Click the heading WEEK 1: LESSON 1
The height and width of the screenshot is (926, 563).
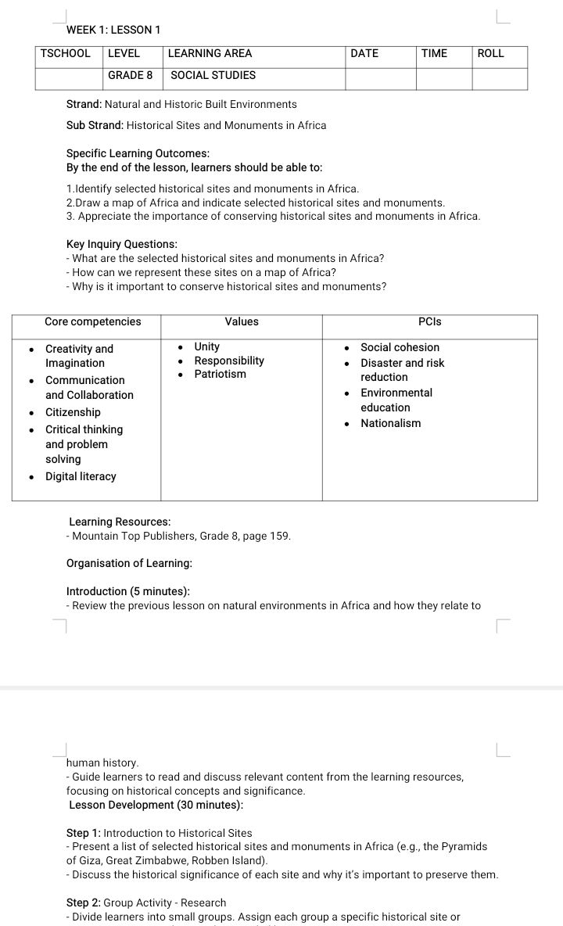(113, 30)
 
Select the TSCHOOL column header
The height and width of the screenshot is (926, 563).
(65, 54)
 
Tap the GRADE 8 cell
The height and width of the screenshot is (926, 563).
(131, 76)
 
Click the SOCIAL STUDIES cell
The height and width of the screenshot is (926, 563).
(213, 76)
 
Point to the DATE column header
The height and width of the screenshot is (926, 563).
(364, 54)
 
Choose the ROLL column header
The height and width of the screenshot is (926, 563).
(491, 54)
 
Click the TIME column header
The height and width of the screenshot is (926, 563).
(434, 54)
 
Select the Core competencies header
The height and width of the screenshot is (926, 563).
(93, 321)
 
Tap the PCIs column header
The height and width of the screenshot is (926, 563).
(430, 321)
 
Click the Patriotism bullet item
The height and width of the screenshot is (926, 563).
(220, 375)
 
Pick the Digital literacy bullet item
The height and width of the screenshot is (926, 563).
(81, 476)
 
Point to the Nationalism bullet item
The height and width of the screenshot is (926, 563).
(390, 423)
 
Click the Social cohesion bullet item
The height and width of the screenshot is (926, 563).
(400, 347)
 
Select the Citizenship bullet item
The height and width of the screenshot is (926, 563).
(73, 412)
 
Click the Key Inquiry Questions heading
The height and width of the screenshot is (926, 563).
(122, 244)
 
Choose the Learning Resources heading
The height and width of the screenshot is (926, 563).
(120, 522)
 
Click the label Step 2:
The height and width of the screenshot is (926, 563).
(84, 903)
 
